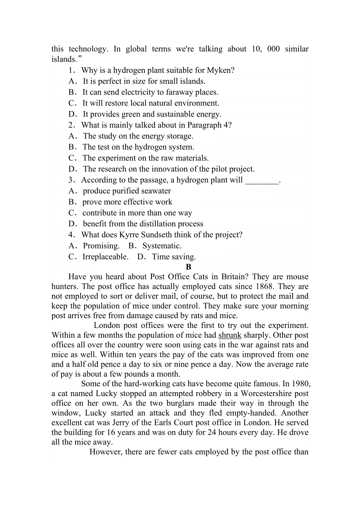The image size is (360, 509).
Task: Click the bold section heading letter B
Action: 189,267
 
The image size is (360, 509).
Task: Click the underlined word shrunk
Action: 230,335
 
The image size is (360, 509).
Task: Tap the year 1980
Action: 299,384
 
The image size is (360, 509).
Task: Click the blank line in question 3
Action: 262,180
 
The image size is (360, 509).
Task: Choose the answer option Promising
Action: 101,246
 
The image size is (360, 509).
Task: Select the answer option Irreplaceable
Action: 105,257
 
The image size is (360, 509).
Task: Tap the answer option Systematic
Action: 162,246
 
